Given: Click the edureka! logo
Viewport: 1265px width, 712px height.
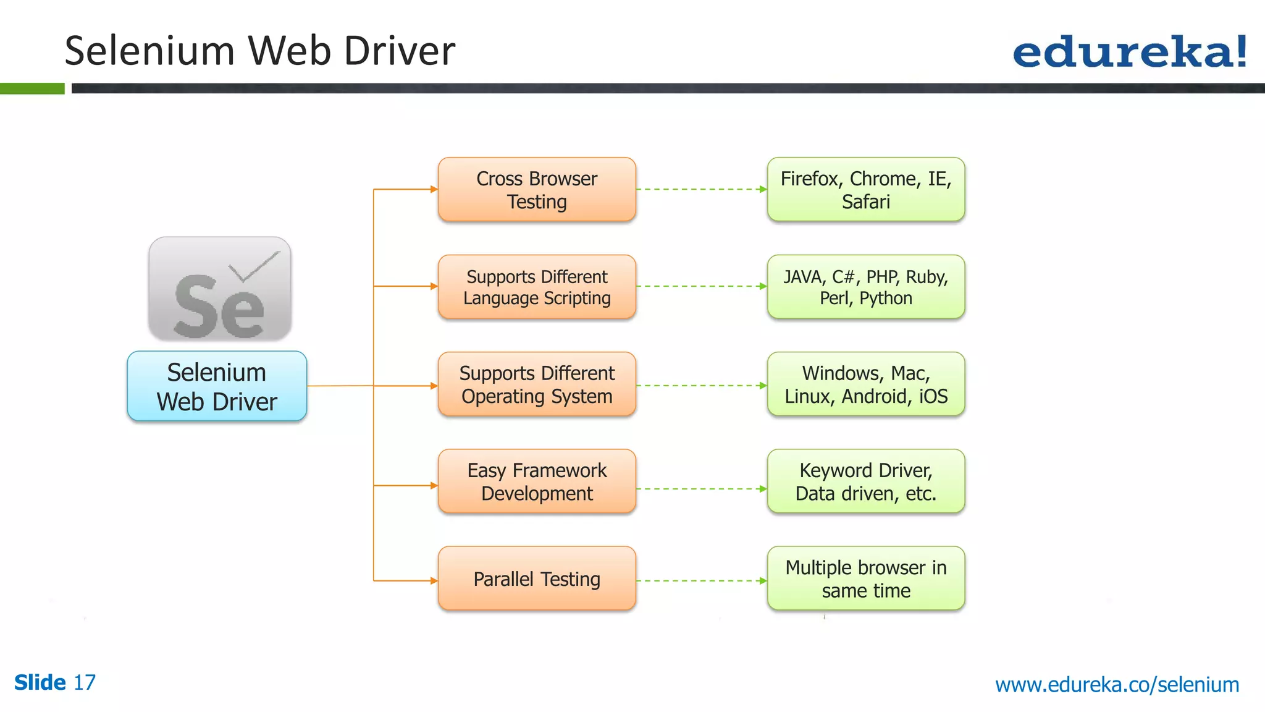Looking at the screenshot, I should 1129,52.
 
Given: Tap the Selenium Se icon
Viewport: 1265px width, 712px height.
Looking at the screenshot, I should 220,289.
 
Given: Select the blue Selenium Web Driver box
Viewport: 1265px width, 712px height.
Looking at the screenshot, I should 217,386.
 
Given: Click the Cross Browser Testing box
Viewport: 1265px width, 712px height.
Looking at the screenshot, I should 537,190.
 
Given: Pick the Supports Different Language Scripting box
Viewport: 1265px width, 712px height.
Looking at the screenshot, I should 537,287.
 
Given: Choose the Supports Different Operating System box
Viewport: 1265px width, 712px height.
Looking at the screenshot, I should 537,384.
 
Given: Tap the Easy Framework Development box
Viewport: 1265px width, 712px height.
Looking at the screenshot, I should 537,481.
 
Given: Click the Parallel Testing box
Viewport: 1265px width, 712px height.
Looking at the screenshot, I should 537,578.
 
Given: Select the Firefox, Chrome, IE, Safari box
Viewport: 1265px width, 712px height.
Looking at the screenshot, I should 865,190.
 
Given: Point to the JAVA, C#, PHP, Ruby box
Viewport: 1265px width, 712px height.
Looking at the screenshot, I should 865,287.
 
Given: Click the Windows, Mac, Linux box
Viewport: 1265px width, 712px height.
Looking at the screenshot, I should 865,384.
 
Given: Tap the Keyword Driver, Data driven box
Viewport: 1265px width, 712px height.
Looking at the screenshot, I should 865,481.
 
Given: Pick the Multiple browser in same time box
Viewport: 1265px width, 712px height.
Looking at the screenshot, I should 865,578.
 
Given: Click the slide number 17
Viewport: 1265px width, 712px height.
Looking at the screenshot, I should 85,683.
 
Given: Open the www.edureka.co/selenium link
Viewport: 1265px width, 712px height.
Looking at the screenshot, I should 1117,685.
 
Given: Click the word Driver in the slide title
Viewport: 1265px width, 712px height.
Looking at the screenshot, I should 400,51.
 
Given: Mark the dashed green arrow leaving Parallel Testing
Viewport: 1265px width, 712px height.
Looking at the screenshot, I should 701,581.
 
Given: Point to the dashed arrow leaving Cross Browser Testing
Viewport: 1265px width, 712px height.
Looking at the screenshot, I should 701,189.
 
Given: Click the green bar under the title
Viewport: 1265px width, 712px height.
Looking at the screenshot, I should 32,89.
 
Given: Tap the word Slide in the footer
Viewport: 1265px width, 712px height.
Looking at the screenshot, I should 40,683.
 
